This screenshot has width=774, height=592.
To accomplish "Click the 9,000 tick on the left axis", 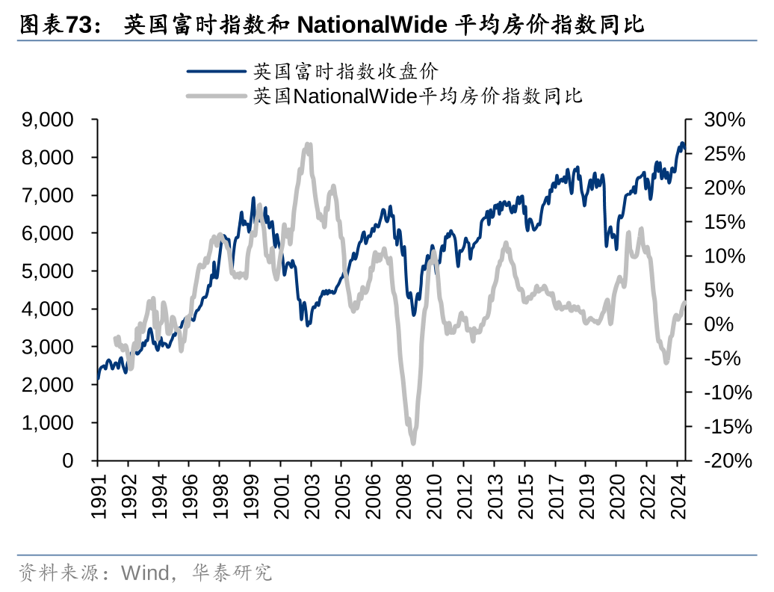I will (47, 120).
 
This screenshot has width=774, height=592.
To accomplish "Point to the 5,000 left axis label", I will (47, 271).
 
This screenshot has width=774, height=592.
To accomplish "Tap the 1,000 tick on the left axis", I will (47, 423).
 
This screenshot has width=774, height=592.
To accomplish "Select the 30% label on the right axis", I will (725, 120).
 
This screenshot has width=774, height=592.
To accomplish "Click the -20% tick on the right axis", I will (722, 460).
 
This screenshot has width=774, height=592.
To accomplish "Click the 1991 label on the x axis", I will (98, 496).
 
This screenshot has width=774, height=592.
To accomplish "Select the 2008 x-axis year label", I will (402, 496).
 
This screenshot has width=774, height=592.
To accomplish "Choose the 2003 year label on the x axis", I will (311, 496).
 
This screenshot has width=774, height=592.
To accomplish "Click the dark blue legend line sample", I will (216, 72).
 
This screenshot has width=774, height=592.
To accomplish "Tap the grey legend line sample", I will (216, 96).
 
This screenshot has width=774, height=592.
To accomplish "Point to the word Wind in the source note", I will (144, 573).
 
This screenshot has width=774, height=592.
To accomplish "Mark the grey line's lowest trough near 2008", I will (413, 443).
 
